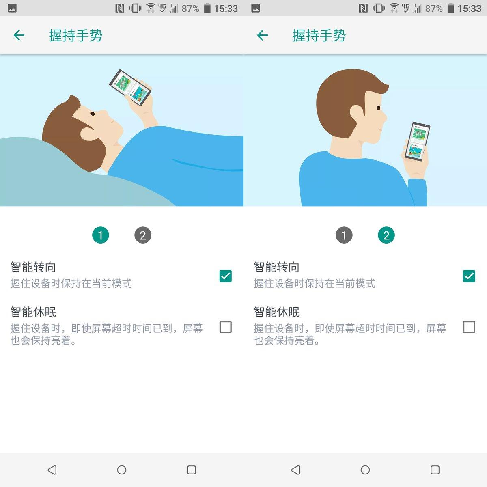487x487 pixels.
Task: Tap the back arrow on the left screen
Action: coord(19,35)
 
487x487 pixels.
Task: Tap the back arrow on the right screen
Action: coord(262,35)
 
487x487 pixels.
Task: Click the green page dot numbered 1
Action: coord(101,235)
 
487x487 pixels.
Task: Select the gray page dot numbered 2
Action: coord(143,235)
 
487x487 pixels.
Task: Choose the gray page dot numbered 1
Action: coord(344,235)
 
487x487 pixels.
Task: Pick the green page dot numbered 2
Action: coord(386,235)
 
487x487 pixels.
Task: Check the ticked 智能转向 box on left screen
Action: coord(225,276)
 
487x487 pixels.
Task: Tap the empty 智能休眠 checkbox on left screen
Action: coord(225,327)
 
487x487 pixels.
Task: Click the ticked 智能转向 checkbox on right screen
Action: coord(469,276)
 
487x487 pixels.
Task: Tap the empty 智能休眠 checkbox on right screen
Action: coord(469,327)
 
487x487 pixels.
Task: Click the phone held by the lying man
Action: coord(130,87)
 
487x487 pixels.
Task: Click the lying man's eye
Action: coord(93,114)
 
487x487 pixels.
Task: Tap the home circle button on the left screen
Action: coord(122,470)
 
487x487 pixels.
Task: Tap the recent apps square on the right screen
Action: coord(435,470)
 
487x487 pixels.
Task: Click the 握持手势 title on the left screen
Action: coord(75,35)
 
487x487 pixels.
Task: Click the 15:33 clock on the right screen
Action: coord(469,9)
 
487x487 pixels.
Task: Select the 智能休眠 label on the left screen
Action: coord(33,312)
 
